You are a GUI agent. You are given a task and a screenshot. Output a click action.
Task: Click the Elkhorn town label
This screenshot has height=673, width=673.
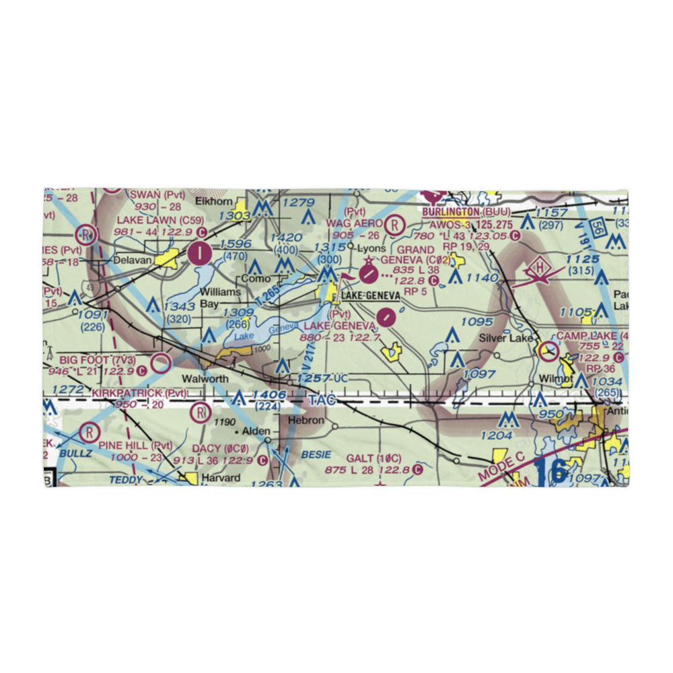213,201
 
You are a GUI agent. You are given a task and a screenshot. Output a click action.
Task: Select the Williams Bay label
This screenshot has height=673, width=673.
220,297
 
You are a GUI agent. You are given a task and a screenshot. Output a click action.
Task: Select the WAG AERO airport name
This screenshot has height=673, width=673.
355,223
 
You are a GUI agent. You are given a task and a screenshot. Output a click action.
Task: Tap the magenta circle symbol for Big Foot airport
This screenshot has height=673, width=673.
161,364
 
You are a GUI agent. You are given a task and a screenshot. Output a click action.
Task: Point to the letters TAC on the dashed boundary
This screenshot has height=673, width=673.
321,400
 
